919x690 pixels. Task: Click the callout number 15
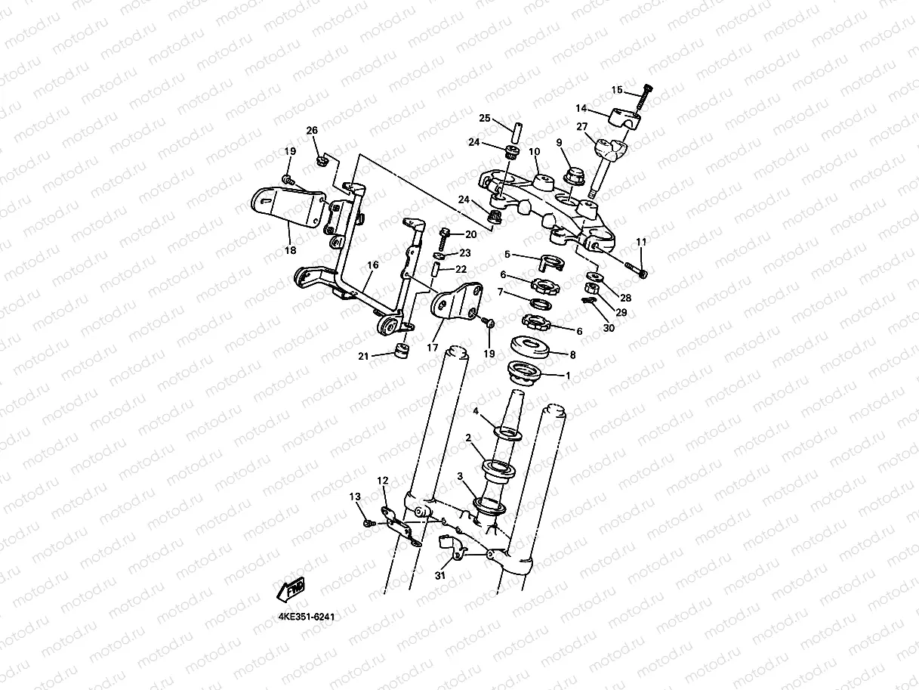click(617, 91)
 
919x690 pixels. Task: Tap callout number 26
click(312, 131)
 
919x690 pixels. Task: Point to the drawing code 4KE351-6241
click(307, 616)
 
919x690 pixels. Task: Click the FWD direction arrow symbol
click(292, 588)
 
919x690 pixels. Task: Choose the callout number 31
click(440, 575)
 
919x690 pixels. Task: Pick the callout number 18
click(290, 249)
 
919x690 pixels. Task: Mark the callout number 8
click(572, 354)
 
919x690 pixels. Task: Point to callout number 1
click(568, 376)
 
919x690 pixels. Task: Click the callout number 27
click(582, 127)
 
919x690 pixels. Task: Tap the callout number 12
click(383, 481)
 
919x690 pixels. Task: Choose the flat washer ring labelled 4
click(508, 433)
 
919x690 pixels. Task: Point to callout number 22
click(461, 270)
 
